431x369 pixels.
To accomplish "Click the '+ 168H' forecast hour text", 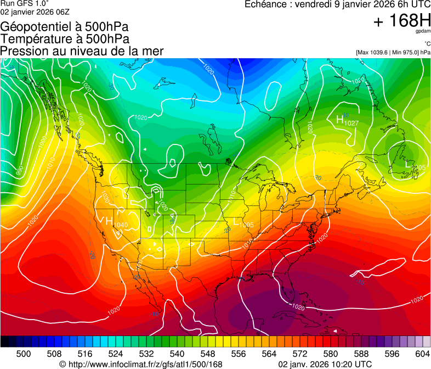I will (x=401, y=21).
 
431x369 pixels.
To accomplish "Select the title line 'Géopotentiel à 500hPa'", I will (x=65, y=27).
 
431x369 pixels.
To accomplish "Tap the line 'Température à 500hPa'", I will (x=65, y=39).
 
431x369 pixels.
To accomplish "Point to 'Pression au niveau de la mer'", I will (x=82, y=51).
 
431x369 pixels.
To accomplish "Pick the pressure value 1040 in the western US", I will (x=121, y=225).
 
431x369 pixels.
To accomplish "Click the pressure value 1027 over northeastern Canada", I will (x=351, y=123).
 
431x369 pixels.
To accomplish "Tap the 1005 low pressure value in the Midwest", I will (x=246, y=225).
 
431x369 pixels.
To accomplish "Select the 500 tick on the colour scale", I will (x=24, y=353).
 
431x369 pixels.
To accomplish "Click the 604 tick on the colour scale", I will (x=423, y=353).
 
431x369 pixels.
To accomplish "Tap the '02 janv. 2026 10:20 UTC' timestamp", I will (x=325, y=364).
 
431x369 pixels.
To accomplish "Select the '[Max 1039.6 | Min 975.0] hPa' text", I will (x=393, y=52).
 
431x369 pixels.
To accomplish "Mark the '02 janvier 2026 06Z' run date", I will (x=35, y=12).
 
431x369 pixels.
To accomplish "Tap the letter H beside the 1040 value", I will (x=109, y=221).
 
